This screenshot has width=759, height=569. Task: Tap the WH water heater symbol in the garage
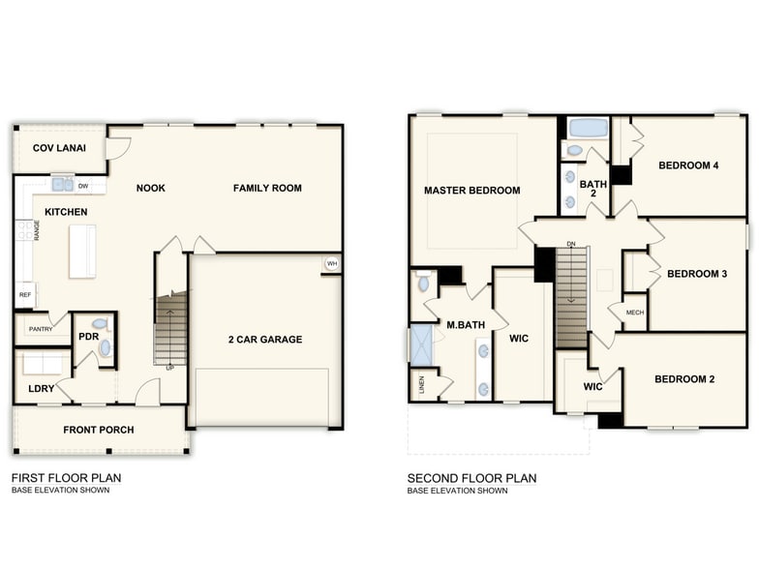coord(331,263)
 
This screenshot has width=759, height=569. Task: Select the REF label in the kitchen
coord(25,293)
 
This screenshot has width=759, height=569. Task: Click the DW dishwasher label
coord(84,186)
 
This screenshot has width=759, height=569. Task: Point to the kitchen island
coord(82,251)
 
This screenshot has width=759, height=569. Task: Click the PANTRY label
coord(40,329)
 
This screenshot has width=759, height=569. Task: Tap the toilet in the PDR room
coord(101,323)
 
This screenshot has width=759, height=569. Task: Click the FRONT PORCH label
coord(99,430)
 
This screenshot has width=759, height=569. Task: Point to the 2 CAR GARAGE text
coord(264,340)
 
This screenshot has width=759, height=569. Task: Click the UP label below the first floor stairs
coord(170,368)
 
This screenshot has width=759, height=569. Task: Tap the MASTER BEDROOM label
coord(471,191)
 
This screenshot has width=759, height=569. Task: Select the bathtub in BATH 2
coord(588,128)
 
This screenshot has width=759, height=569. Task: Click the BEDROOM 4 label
coord(688,165)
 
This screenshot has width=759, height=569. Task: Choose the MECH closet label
coord(634,313)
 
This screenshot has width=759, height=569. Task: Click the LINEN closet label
coord(421,385)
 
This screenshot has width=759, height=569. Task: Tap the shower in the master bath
coord(421,345)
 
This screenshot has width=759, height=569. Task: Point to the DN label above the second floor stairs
coord(571,244)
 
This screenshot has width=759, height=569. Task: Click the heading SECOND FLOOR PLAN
coord(471,478)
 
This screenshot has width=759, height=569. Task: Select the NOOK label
coord(150,188)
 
